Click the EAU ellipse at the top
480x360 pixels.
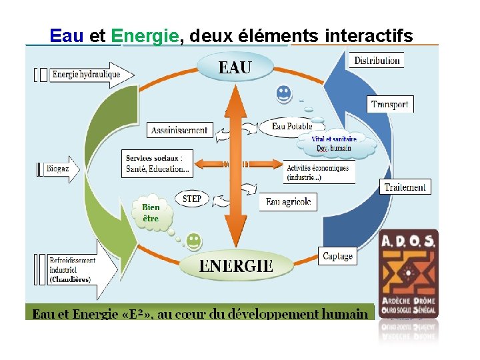coord(235,67)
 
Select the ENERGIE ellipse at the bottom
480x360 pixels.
coord(236,265)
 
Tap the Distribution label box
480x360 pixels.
coord(377,60)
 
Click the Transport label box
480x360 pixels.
coord(390,104)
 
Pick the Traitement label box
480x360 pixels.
coord(405,187)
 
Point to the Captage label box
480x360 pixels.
coord(337,256)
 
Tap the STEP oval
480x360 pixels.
coord(191,199)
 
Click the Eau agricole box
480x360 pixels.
coord(288,202)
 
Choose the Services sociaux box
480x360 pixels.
coord(157,164)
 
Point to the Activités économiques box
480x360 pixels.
coord(319,173)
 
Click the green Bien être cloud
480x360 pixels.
coord(152,212)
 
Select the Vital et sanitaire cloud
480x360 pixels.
coord(335,144)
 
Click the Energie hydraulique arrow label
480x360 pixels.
coord(85,74)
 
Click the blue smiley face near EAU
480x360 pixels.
coord(284,94)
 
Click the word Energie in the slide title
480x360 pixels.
coord(145,35)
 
